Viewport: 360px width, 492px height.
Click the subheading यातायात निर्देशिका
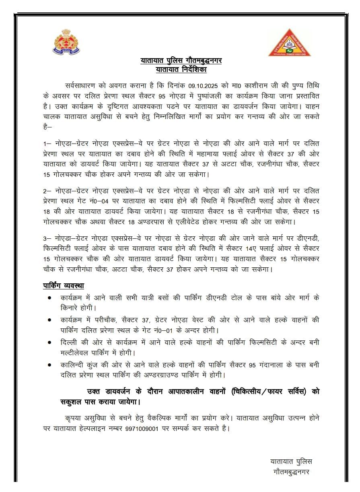[x=181, y=70]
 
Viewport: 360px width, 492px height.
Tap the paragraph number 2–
[x=47, y=190]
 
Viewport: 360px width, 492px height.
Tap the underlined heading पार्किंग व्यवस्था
[x=64, y=285]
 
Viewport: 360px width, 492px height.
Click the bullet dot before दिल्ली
[x=49, y=342]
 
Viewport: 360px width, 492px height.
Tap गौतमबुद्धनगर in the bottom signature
[x=290, y=471]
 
